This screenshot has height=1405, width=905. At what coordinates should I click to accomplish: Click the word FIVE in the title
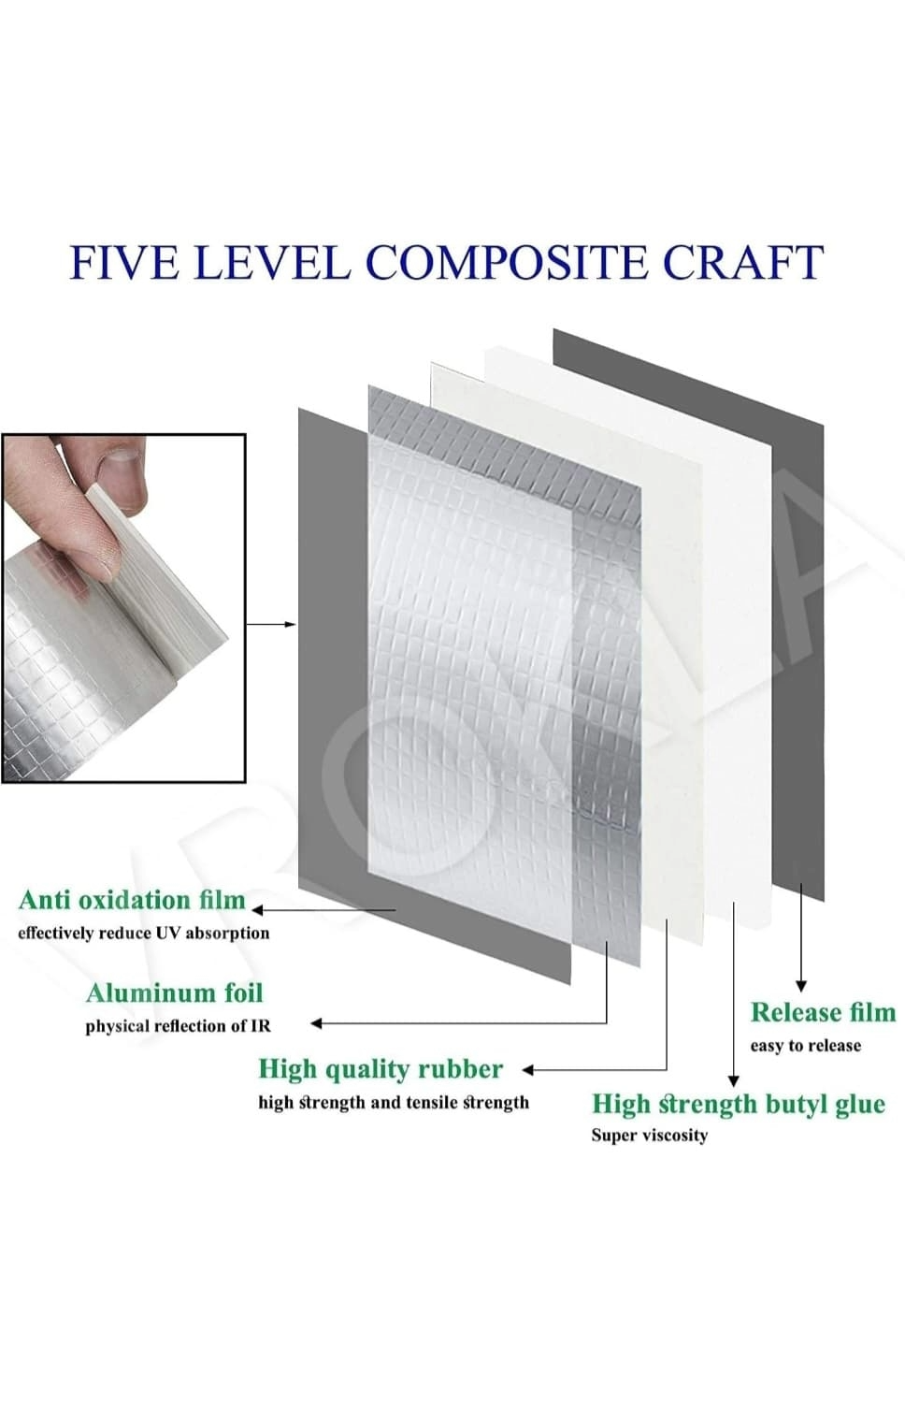coord(124,262)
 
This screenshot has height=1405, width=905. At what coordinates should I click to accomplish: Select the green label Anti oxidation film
coord(132,900)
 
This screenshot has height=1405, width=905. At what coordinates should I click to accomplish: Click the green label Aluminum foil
coord(175,992)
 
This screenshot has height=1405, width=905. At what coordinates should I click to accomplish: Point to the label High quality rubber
coord(381,1069)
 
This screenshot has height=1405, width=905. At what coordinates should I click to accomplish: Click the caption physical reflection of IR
coord(179,1026)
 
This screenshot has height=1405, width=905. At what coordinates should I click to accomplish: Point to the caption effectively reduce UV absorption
coord(144,934)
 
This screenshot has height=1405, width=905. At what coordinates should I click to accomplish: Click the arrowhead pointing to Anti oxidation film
coord(256,910)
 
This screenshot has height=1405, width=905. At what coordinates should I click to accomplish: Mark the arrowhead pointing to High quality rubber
coord(527,1070)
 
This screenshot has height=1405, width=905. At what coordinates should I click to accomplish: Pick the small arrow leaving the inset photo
coord(271,624)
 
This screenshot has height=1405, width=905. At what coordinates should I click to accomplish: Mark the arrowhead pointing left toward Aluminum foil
coord(317,1023)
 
